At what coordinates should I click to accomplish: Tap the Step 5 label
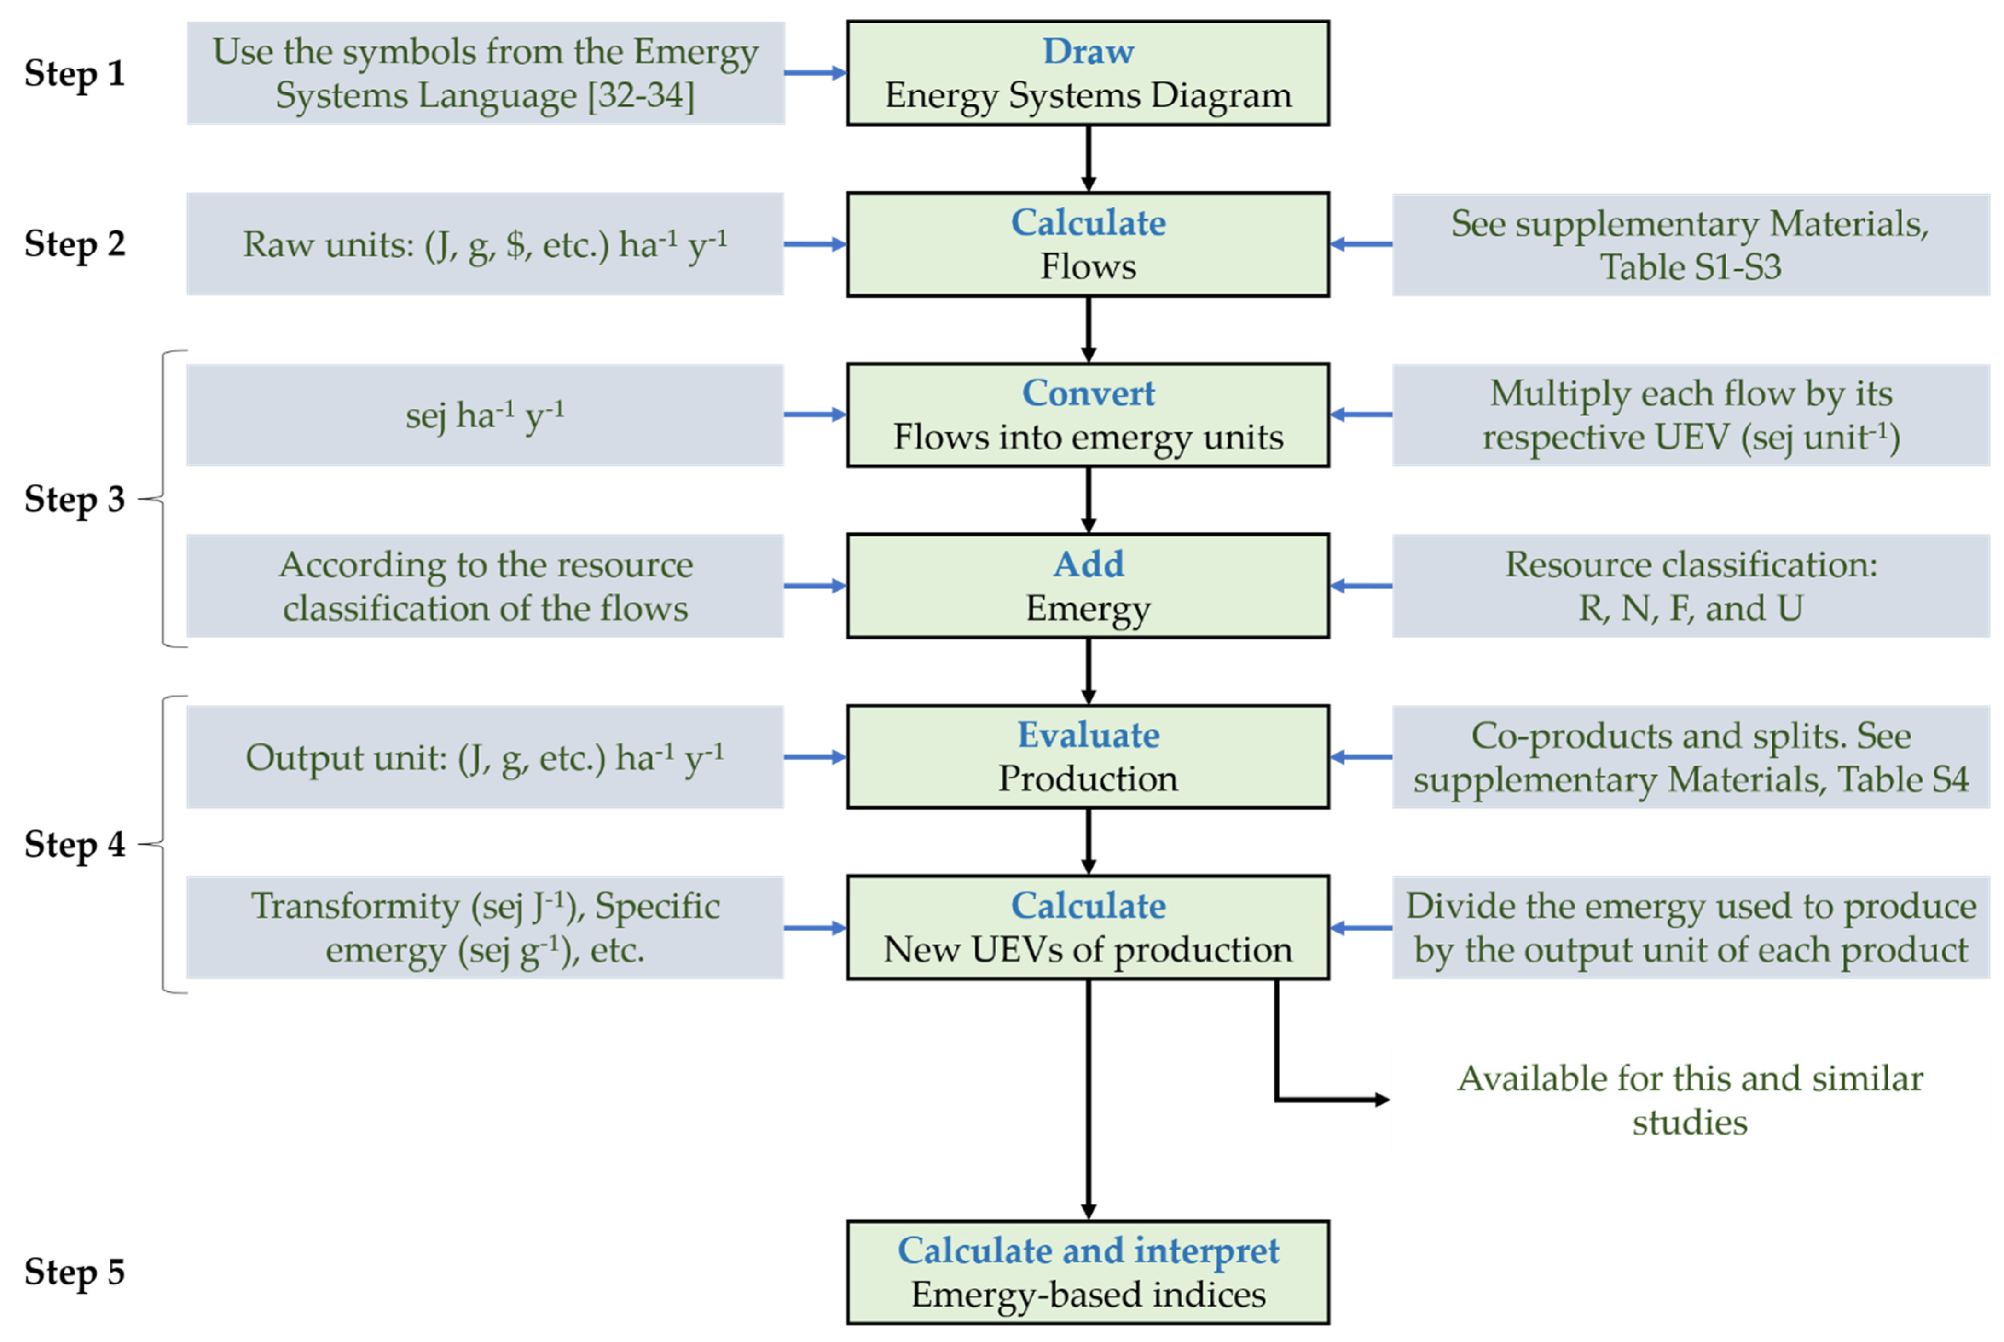tap(75, 1271)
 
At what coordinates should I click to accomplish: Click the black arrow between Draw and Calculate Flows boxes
tap(1088, 158)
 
